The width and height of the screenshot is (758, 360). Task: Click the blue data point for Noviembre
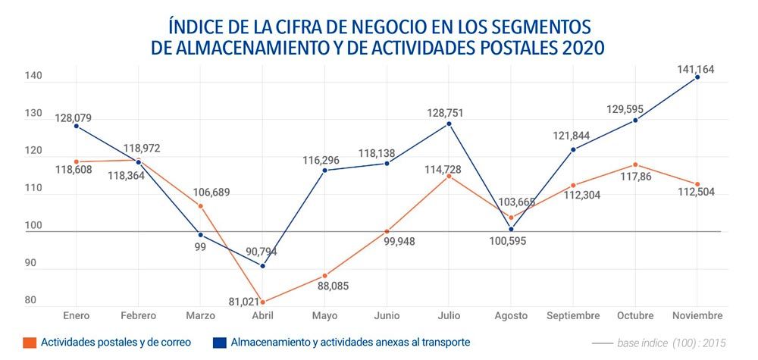click(x=697, y=77)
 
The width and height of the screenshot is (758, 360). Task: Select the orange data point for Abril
click(x=262, y=302)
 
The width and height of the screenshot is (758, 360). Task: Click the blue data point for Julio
click(x=449, y=124)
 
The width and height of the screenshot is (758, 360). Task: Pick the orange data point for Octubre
click(x=635, y=164)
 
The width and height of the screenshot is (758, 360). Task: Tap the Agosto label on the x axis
click(x=511, y=315)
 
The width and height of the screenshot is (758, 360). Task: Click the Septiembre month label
click(x=572, y=315)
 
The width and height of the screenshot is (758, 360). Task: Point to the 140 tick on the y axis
click(x=31, y=77)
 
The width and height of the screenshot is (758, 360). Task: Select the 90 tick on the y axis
click(x=31, y=263)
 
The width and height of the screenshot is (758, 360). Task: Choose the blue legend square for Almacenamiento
click(x=220, y=343)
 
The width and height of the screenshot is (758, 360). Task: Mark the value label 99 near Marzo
click(x=200, y=247)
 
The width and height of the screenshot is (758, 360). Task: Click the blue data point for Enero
click(x=76, y=126)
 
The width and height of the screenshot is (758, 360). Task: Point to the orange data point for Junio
click(x=387, y=231)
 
